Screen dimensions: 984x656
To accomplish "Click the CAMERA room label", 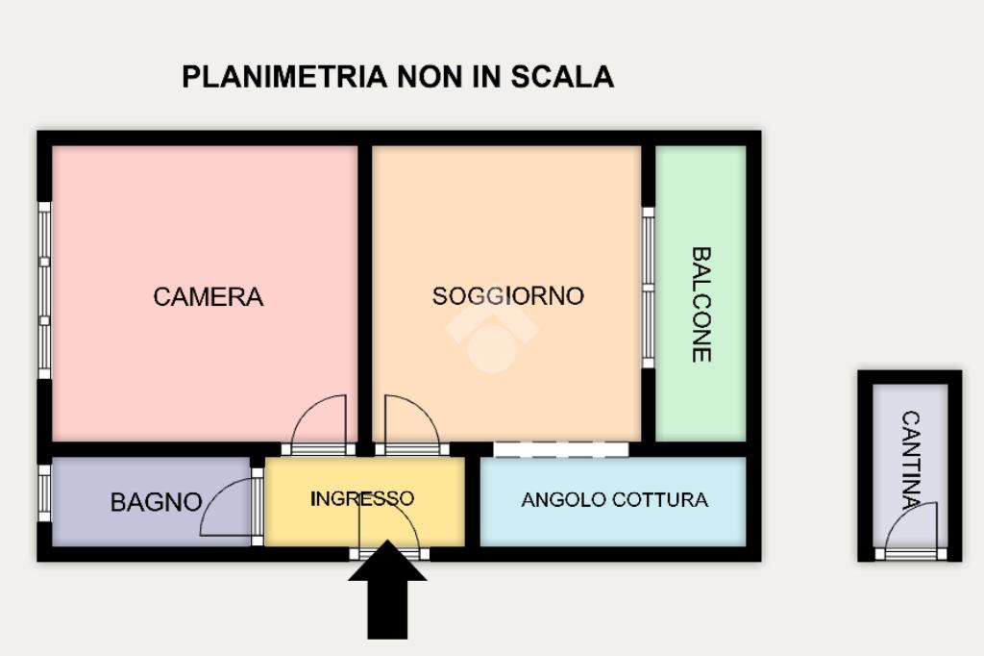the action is [x=208, y=296].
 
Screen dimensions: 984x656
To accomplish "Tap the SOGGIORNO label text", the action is [x=507, y=295].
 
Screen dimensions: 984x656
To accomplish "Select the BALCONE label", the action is [x=701, y=304].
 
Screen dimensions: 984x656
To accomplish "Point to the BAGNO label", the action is [x=156, y=502].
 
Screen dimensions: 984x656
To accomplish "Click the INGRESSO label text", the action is [x=362, y=498].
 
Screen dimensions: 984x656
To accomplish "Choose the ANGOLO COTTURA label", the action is [x=614, y=500].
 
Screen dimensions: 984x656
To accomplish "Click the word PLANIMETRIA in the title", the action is [x=283, y=77].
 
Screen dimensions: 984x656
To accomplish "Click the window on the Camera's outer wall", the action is [x=44, y=290].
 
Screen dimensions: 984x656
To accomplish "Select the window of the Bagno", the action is [x=44, y=493].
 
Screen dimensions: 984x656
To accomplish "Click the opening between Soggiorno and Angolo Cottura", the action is [x=560, y=449].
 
